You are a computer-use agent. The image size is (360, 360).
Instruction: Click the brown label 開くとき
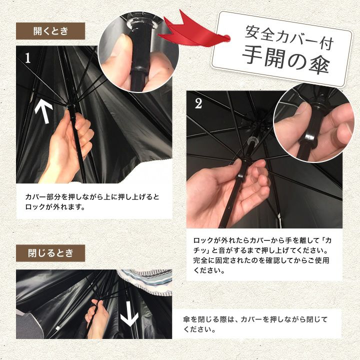click(50, 31)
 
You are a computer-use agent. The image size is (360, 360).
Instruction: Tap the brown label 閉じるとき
click(50, 253)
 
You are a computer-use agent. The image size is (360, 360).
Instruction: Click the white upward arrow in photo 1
click(43, 112)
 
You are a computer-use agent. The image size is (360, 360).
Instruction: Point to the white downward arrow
click(129, 313)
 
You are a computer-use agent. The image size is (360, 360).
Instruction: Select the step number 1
click(28, 58)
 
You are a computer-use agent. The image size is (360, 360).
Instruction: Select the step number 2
click(198, 103)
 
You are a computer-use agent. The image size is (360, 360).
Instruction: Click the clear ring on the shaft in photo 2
click(252, 140)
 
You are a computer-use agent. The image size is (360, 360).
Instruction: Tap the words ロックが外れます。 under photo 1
click(55, 206)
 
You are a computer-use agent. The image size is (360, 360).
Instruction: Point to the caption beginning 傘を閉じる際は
click(255, 324)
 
